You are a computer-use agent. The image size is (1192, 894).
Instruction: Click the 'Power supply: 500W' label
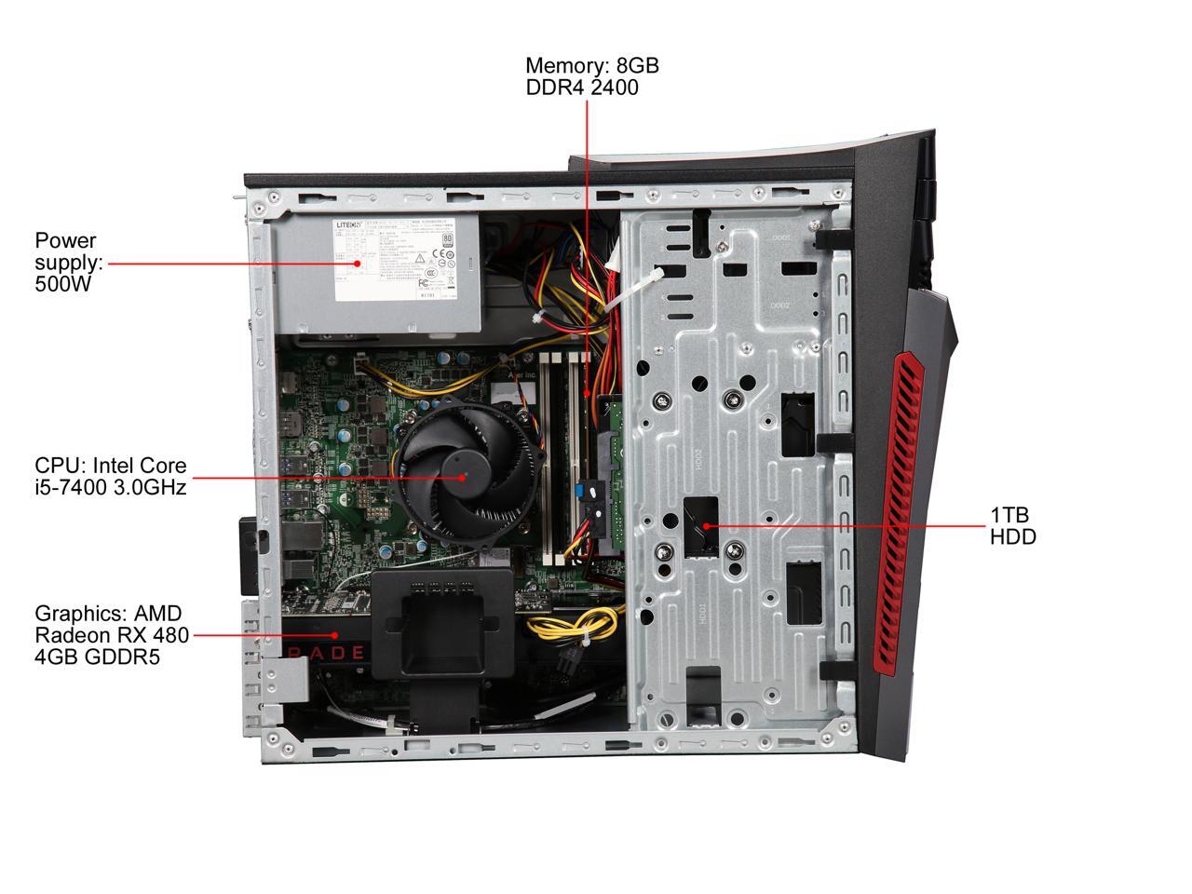(x=68, y=263)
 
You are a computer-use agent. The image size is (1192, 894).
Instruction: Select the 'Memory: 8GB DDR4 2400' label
(x=591, y=76)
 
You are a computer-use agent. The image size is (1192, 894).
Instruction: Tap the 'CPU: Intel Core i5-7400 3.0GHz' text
(x=110, y=476)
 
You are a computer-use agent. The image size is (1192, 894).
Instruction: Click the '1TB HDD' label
(x=1012, y=526)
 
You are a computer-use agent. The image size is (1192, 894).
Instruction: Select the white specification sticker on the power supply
(x=396, y=260)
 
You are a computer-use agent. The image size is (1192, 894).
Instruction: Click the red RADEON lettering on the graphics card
(x=326, y=651)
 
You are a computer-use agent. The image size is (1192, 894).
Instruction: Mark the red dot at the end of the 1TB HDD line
(x=707, y=526)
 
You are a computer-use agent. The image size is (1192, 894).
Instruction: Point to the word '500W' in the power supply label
(x=62, y=284)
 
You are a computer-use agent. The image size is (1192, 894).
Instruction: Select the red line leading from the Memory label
(x=587, y=233)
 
